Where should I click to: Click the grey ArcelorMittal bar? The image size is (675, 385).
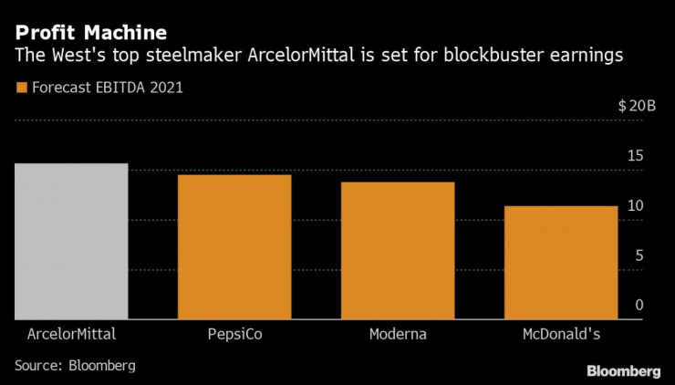[x=71, y=242]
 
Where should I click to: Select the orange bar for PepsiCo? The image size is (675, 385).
[x=234, y=247]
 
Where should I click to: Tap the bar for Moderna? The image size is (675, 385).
[x=398, y=251]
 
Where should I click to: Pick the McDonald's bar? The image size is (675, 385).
[x=561, y=263]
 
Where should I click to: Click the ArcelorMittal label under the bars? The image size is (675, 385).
[x=71, y=334]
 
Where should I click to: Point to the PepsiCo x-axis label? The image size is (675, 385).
[x=234, y=334]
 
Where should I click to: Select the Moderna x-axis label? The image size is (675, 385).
[x=398, y=334]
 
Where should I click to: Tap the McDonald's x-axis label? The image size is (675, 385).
[x=561, y=334]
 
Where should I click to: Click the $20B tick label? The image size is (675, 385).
[x=637, y=106]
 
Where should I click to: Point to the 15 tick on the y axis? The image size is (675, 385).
[x=636, y=156]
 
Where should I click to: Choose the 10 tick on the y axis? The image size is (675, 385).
[x=636, y=205]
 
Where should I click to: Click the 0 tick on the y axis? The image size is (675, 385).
[x=639, y=304]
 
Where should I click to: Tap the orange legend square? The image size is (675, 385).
[x=20, y=88]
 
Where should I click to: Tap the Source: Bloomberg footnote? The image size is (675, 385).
[x=75, y=365]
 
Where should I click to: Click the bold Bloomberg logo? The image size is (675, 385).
[x=623, y=370]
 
